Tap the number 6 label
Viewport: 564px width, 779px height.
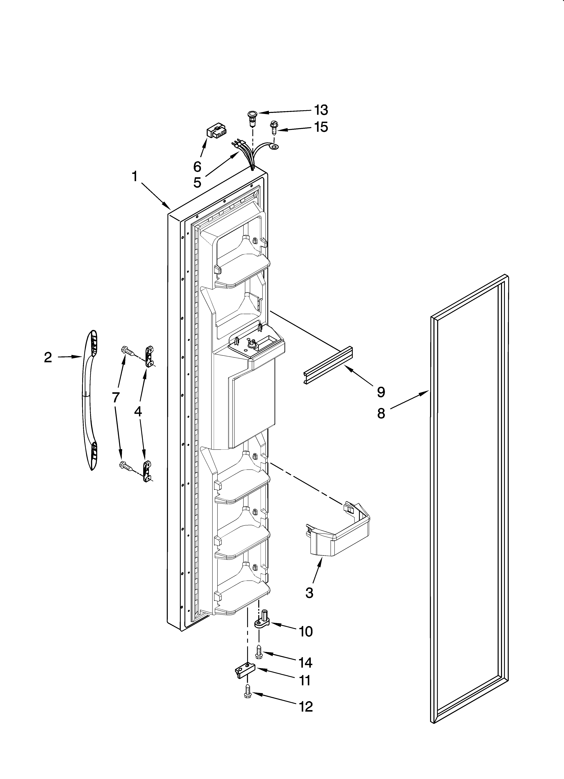point(197,167)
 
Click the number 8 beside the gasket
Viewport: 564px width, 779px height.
point(381,414)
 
